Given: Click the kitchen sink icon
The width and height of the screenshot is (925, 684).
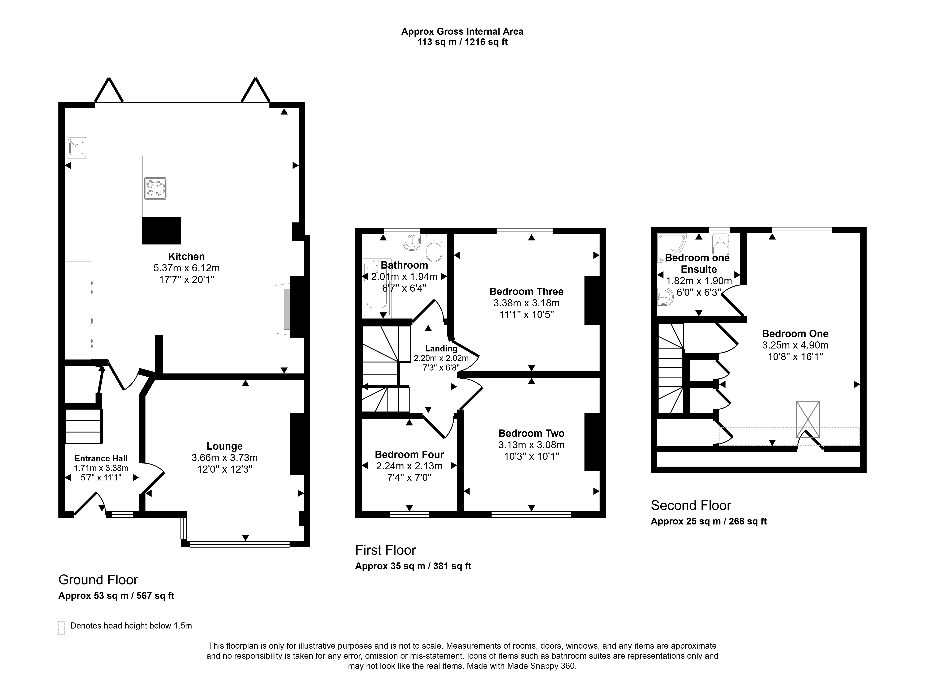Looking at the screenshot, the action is [77, 147].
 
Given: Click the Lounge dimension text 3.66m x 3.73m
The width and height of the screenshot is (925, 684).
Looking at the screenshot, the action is [224, 458].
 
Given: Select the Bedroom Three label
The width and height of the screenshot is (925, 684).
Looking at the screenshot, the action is [526, 291].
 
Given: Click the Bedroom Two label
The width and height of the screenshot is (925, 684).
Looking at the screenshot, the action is [531, 433].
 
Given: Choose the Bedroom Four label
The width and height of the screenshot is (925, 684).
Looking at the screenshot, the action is [409, 454].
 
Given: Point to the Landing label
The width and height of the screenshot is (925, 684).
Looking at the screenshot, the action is [441, 349].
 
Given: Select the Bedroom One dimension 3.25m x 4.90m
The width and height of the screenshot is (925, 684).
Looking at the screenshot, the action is [795, 345].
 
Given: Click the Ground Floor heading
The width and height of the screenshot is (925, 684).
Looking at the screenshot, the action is [98, 580].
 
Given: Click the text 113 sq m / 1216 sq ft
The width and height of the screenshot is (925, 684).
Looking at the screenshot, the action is [462, 42].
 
